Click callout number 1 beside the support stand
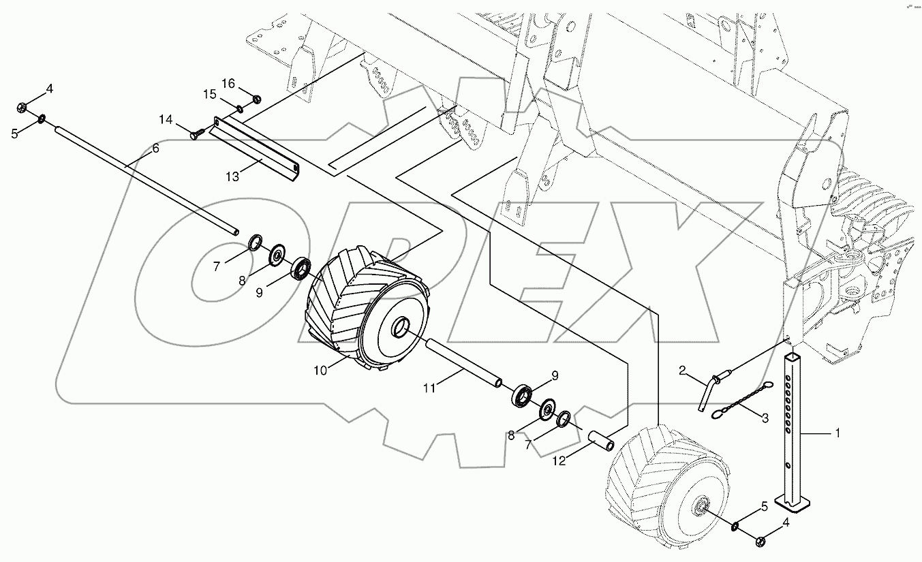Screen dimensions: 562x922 click(x=838, y=433)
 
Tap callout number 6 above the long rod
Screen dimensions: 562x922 click(x=155, y=149)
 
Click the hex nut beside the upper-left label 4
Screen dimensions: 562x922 click(x=22, y=107)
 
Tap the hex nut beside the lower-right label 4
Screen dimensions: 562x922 click(x=760, y=541)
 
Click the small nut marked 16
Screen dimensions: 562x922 click(x=257, y=100)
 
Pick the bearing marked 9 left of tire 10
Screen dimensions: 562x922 click(x=301, y=268)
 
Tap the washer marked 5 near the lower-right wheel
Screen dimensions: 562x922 click(x=737, y=527)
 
